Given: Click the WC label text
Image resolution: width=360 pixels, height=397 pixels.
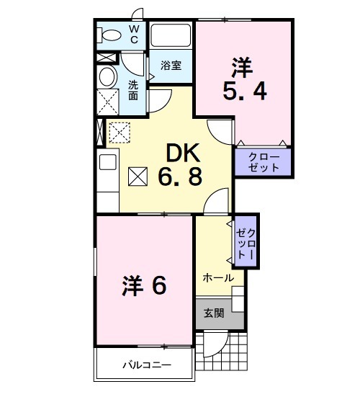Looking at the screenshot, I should click(x=134, y=33).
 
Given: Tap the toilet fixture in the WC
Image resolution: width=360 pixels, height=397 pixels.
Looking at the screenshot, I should click(x=111, y=35).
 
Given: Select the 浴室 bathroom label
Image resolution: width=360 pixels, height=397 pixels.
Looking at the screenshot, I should click(x=171, y=65).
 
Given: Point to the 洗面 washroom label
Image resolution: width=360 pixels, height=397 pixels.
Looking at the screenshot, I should click(x=133, y=89).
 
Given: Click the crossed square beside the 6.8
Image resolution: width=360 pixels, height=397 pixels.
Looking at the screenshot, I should click(x=138, y=176).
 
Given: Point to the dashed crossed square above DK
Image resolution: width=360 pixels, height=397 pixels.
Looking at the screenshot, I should click(x=117, y=132).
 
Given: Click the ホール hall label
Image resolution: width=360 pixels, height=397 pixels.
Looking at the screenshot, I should click(x=217, y=277).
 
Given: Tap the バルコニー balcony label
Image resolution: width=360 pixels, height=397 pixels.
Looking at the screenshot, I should click(x=145, y=365).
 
